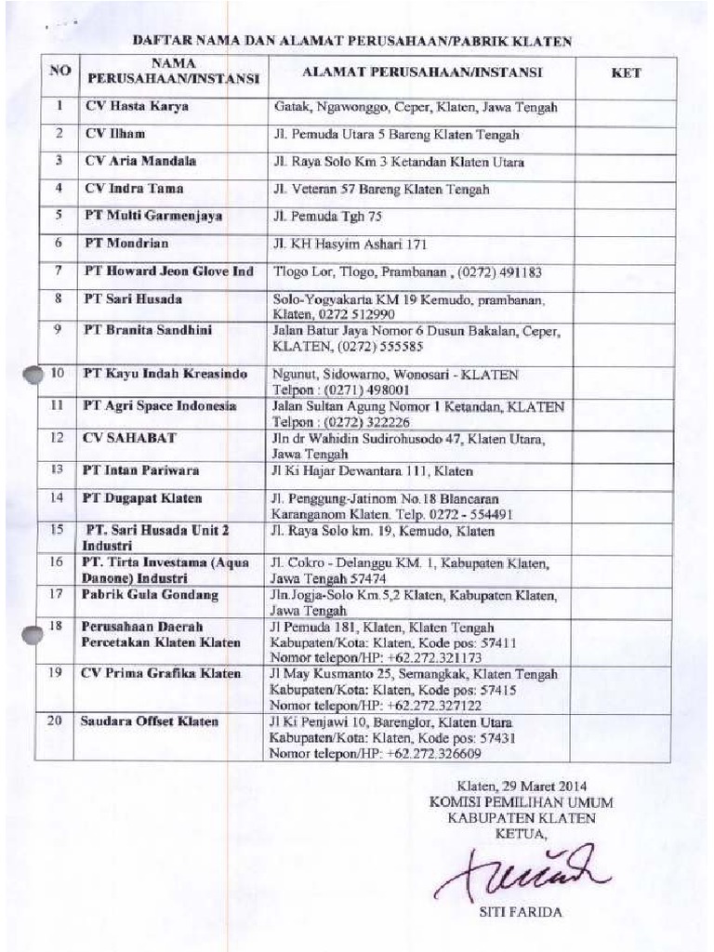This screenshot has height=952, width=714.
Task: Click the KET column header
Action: [x=626, y=73]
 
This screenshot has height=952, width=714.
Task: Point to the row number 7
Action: [x=58, y=271]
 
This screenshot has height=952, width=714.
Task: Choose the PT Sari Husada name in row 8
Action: [x=133, y=299]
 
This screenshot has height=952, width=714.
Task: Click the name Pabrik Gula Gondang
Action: [x=150, y=594]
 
